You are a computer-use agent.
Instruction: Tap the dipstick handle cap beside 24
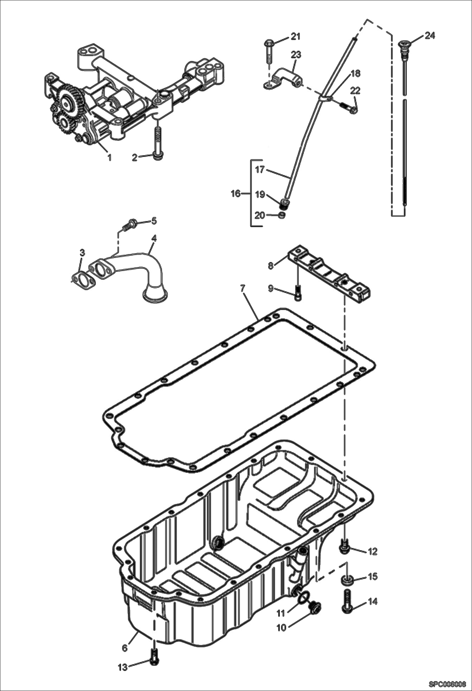pyautogui.click(x=403, y=44)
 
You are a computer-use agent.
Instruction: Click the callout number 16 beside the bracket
pyautogui.click(x=236, y=193)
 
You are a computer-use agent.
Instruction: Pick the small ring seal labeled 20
pyautogui.click(x=282, y=216)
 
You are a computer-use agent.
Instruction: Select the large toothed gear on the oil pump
pyautogui.click(x=67, y=102)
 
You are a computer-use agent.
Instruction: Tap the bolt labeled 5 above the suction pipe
pyautogui.click(x=130, y=224)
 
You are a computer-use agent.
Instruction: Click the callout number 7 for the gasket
pyautogui.click(x=242, y=289)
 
